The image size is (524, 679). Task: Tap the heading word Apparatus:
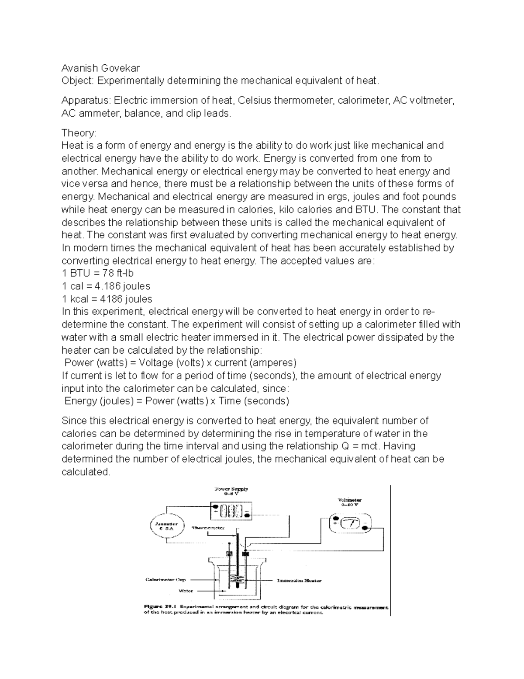tap(86, 101)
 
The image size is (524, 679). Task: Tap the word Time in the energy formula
tap(229, 401)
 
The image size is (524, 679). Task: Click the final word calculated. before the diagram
tap(86, 472)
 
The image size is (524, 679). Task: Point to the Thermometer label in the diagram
tap(208, 528)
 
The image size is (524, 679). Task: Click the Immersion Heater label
tap(299, 581)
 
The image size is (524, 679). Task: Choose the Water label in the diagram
tap(186, 591)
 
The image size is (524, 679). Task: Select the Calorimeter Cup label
tap(165, 580)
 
